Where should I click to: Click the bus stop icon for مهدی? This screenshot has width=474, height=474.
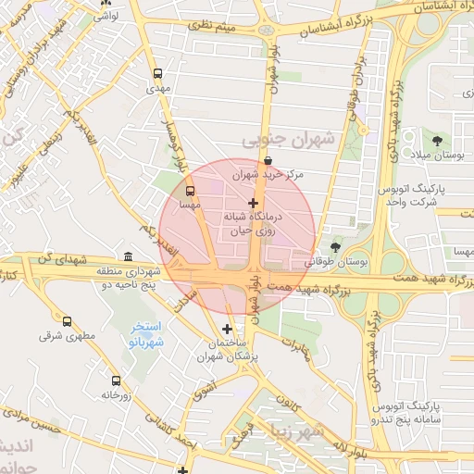(157, 74)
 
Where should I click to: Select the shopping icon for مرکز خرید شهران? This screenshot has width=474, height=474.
(268, 160)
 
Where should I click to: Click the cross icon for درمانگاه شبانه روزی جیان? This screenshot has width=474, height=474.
(254, 202)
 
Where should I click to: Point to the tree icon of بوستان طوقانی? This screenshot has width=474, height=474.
(335, 247)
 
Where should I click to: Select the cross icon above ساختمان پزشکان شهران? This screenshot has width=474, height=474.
(228, 329)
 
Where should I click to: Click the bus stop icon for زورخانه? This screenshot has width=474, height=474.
(116, 380)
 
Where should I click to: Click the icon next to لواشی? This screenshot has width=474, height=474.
(104, 3)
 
